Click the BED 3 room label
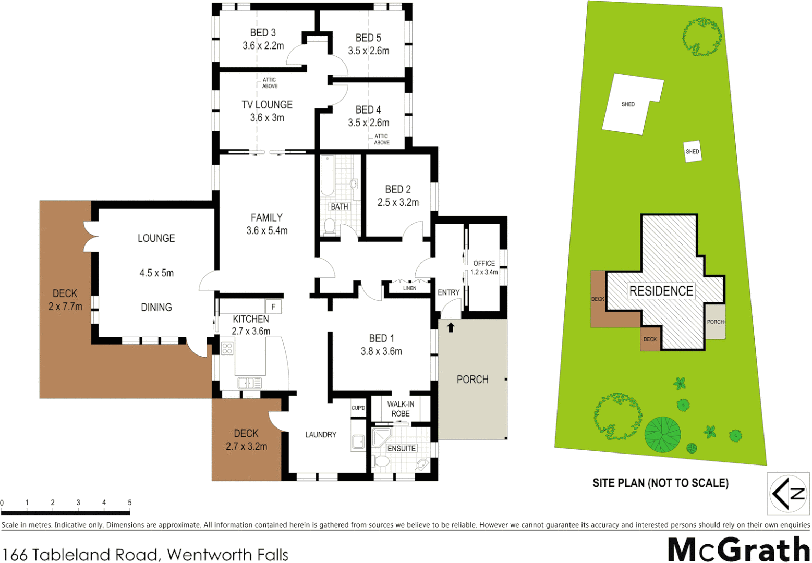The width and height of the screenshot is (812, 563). click(263, 33)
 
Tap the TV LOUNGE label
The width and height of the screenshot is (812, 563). click(267, 105)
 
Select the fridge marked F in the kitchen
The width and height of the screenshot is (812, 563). click(273, 307)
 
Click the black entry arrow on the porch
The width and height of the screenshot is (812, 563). click(451, 327)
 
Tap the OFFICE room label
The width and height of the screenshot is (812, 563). click(484, 263)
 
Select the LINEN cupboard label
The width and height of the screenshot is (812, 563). click(409, 288)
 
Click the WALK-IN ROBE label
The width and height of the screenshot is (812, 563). click(401, 409)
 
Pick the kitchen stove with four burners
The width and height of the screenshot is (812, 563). click(227, 348)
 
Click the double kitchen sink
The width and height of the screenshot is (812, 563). click(249, 383)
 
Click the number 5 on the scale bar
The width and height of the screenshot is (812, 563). click(130, 503)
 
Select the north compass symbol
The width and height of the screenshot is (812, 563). click(788, 493)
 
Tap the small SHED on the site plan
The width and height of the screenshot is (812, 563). click(693, 151)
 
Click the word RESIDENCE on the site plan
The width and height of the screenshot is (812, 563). click(661, 291)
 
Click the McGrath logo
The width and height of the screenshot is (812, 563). click(738, 549)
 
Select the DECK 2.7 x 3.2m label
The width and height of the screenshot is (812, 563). click(246, 439)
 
